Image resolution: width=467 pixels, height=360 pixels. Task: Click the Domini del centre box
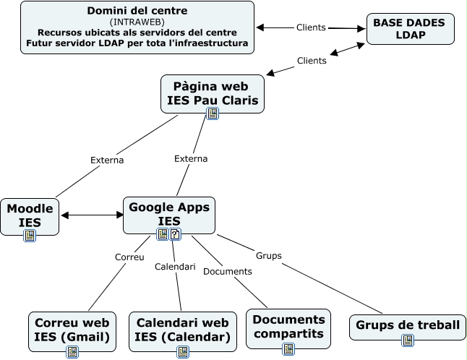click(137, 27)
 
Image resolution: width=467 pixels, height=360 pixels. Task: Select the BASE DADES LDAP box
click(410, 29)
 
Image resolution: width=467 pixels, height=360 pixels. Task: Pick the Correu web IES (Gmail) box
click(72, 329)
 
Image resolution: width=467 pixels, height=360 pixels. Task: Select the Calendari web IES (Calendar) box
click(183, 329)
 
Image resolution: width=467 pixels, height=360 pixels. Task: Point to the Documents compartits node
click(288, 326)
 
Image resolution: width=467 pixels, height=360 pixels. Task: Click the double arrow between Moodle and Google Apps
click(93, 215)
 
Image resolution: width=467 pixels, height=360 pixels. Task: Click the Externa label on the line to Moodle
click(107, 160)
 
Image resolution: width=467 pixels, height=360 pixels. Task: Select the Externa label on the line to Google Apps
click(191, 158)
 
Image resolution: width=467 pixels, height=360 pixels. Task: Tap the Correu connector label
click(129, 257)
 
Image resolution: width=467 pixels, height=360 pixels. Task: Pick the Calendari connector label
click(175, 267)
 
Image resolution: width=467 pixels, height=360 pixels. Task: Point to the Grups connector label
click(268, 255)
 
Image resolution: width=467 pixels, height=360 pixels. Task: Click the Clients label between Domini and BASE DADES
click(311, 27)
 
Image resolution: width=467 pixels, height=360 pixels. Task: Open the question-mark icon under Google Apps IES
click(175, 233)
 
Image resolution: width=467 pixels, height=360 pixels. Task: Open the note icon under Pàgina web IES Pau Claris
click(213, 113)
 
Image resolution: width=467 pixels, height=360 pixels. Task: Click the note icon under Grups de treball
click(408, 340)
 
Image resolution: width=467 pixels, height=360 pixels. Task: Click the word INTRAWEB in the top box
click(137, 22)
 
